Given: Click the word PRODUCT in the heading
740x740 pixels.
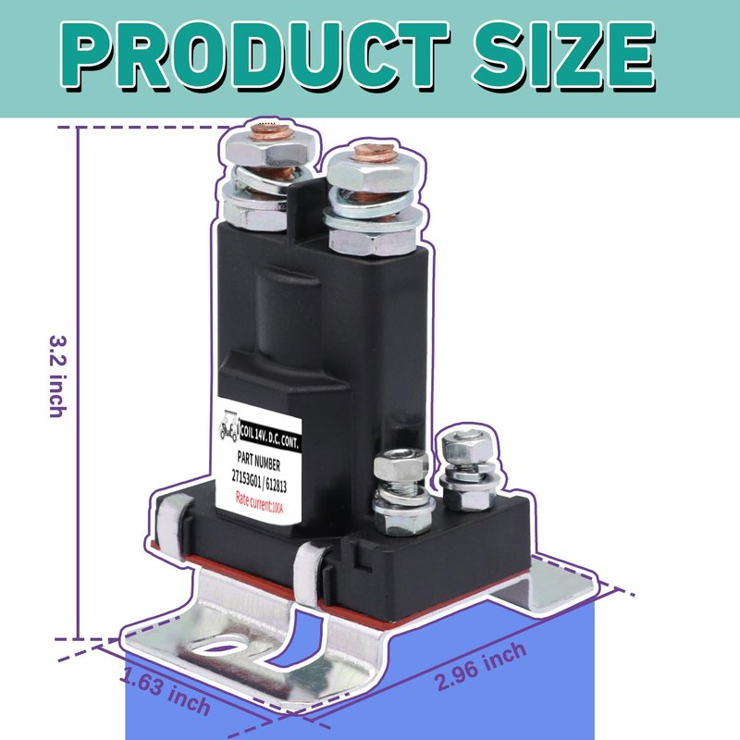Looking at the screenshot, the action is coord(256,55).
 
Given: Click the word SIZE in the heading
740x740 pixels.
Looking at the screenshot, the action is coord(564,55).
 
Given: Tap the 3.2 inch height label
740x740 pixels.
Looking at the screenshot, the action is coord(57,376).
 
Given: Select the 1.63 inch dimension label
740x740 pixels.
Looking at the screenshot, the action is coord(165,690).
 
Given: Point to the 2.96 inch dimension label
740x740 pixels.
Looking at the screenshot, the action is coord(480,666).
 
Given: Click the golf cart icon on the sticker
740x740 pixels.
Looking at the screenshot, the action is coord(229,425).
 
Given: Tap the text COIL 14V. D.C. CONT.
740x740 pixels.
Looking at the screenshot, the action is coord(270,435).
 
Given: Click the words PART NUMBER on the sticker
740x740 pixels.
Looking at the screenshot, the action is coord(259,461).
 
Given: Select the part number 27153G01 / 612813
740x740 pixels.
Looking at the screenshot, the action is coord(259,481).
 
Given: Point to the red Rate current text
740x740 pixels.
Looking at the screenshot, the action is coord(259,502).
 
